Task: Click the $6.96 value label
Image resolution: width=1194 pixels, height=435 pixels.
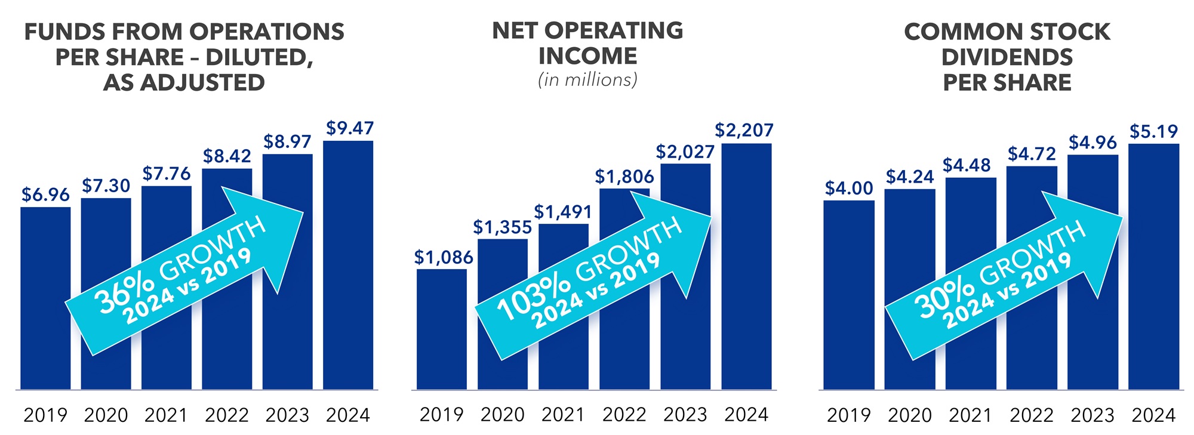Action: click(x=45, y=195)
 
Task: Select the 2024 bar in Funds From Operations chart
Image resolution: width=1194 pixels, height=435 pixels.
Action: click(x=348, y=334)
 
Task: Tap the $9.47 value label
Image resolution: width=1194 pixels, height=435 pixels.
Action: click(x=350, y=128)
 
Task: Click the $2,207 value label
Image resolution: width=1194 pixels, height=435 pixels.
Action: click(x=744, y=130)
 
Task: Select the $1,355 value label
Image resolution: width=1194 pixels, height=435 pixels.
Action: click(x=502, y=227)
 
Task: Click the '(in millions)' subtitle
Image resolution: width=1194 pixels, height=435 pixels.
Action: click(x=587, y=80)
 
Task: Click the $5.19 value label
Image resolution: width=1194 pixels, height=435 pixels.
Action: click(x=1153, y=131)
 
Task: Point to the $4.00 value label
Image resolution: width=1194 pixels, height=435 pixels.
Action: click(x=848, y=189)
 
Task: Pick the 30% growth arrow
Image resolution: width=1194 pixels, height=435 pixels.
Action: click(x=1003, y=277)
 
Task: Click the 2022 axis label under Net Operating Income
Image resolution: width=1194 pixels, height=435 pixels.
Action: click(x=624, y=415)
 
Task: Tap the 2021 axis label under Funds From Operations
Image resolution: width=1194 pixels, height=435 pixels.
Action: click(x=166, y=415)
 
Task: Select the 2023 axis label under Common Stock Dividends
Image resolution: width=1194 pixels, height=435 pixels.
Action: click(x=1093, y=415)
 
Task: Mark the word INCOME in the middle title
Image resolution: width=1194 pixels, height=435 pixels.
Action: click(x=587, y=56)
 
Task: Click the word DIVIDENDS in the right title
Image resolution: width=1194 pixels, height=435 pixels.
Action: click(x=1007, y=57)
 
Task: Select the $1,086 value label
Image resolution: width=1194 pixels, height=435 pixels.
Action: click(x=443, y=258)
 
